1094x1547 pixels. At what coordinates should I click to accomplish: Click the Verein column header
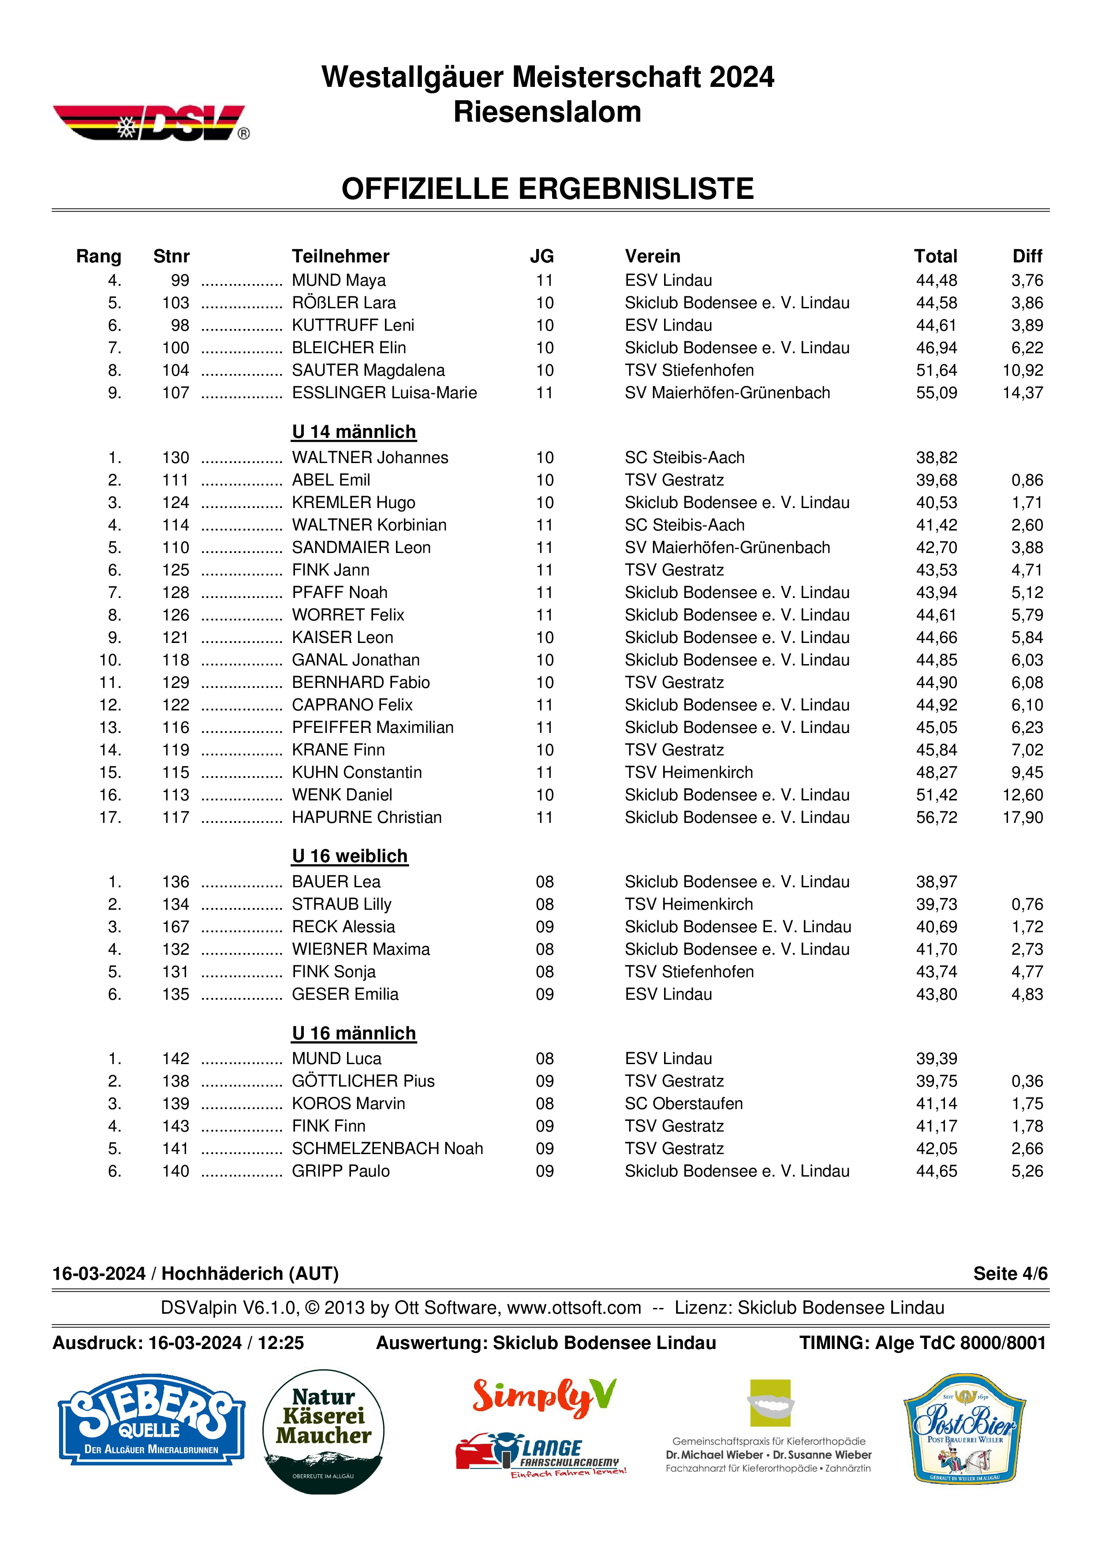652,256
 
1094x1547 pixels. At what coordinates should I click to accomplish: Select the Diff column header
1027,256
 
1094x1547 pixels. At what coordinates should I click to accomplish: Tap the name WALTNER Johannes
370,457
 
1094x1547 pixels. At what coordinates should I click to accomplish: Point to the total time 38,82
936,457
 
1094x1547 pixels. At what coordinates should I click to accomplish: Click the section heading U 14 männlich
354,432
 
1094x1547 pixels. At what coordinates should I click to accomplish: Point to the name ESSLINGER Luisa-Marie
384,393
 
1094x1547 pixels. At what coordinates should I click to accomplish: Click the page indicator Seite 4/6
1010,1274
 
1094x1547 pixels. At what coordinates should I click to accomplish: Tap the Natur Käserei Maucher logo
323,1430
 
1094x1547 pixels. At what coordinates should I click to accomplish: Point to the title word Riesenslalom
547,112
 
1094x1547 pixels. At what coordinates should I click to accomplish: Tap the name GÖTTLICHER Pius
363,1081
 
